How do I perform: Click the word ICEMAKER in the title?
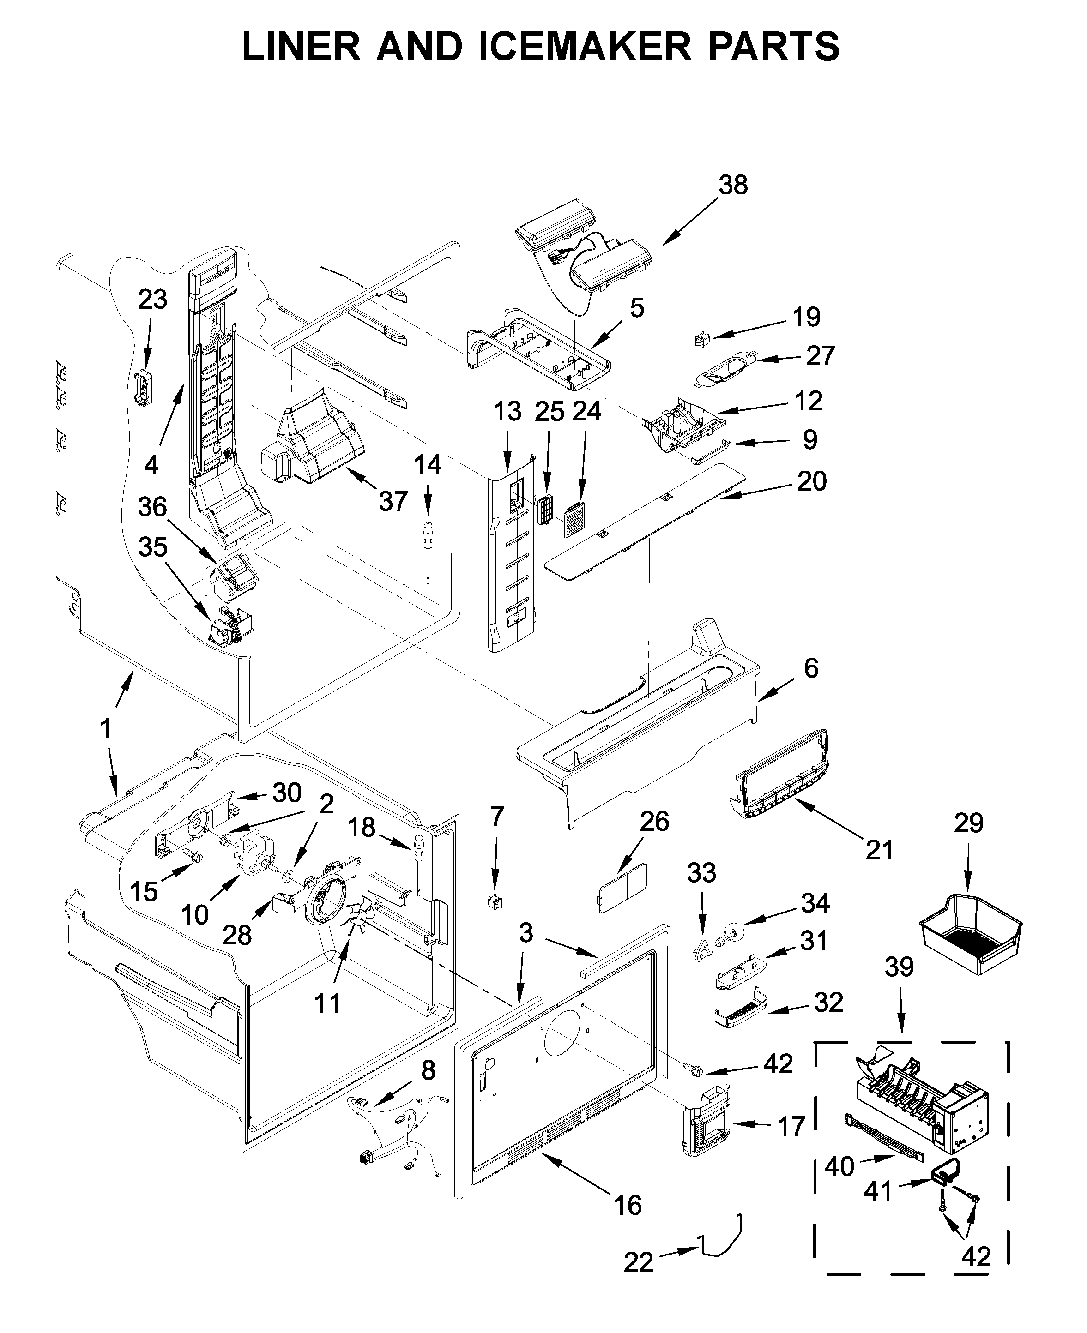tap(586, 46)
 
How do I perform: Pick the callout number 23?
tap(152, 299)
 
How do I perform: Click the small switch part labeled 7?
tap(495, 902)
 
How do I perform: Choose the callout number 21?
tap(878, 849)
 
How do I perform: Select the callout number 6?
tap(810, 668)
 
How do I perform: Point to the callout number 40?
tap(839, 1166)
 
